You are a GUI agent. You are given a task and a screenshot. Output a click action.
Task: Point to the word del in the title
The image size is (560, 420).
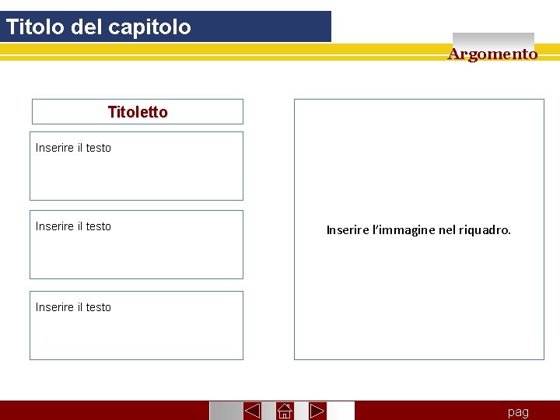pyautogui.click(x=86, y=27)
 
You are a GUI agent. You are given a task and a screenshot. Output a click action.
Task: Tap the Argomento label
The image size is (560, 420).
pyautogui.click(x=492, y=54)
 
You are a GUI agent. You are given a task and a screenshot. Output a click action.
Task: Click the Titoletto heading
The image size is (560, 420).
pyautogui.click(x=137, y=112)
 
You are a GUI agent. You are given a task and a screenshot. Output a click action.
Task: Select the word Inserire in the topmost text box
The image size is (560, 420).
pyautogui.click(x=54, y=148)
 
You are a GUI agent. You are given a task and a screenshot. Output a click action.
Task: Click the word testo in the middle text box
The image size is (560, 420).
pyautogui.click(x=98, y=226)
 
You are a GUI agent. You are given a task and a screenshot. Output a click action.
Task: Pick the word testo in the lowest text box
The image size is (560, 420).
pyautogui.click(x=98, y=307)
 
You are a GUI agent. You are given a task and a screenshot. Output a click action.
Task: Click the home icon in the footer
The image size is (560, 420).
pyautogui.click(x=284, y=411)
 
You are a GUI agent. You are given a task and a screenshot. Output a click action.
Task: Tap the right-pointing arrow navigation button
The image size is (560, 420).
pyautogui.click(x=317, y=411)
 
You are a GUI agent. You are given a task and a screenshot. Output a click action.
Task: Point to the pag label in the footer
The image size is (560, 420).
pyautogui.click(x=518, y=412)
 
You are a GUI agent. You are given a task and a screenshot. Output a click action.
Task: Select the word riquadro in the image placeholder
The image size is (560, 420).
pyautogui.click(x=485, y=230)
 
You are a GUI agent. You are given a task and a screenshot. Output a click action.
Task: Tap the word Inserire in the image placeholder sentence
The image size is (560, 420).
pyautogui.click(x=348, y=230)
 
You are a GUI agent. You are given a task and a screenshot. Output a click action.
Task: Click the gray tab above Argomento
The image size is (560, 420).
pyautogui.click(x=493, y=38)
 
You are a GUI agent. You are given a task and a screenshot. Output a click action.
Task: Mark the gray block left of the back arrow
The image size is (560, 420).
pyautogui.click(x=225, y=411)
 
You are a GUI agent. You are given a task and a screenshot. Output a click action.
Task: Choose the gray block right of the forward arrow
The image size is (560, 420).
pyautogui.click(x=341, y=411)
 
